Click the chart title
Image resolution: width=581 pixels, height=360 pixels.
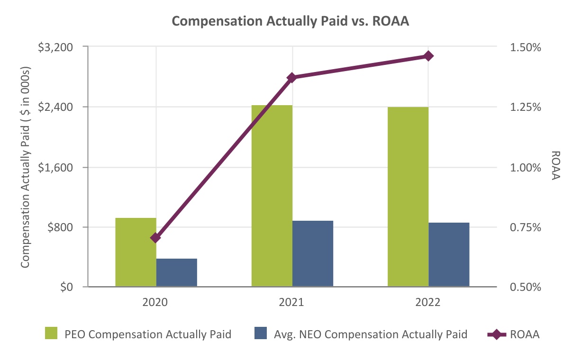(290, 22)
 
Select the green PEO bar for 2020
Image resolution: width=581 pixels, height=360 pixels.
(136, 252)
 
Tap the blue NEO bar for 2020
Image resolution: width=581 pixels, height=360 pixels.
(176, 272)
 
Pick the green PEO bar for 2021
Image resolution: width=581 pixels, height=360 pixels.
(272, 196)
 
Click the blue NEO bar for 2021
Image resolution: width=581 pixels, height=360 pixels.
(313, 253)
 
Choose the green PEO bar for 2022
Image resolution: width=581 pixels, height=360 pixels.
(408, 197)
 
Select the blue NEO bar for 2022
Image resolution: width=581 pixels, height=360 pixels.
(449, 254)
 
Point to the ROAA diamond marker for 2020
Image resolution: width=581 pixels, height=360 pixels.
(156, 237)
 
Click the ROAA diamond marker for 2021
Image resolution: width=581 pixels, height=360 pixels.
(292, 77)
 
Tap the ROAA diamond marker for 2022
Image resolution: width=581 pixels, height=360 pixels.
(428, 56)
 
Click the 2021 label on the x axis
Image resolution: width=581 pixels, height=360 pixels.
(292, 302)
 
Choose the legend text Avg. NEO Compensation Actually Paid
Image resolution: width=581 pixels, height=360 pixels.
(371, 334)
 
